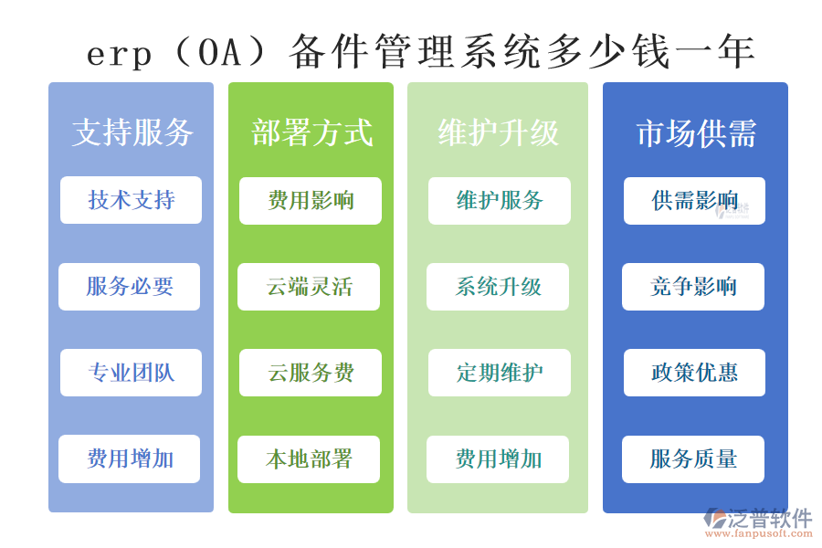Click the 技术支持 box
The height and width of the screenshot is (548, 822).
pyautogui.click(x=131, y=200)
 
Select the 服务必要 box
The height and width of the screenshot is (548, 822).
pyautogui.click(x=130, y=287)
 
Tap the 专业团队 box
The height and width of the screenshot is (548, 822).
pyautogui.click(x=131, y=373)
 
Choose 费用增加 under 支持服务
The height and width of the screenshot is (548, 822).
pyautogui.click(x=130, y=458)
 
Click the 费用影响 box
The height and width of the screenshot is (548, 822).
pyautogui.click(x=311, y=201)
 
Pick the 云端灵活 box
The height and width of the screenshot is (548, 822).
pyautogui.click(x=309, y=287)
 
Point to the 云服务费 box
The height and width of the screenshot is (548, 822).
pyautogui.click(x=311, y=373)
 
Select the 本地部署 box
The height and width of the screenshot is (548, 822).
pyautogui.click(x=309, y=458)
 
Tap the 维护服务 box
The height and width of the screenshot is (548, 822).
pyautogui.click(x=500, y=201)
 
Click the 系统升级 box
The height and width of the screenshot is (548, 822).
pyautogui.click(x=498, y=287)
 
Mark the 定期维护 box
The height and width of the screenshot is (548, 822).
pyautogui.click(x=500, y=373)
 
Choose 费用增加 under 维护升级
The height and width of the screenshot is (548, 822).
pyautogui.click(x=498, y=458)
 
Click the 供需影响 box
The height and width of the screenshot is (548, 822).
pyautogui.click(x=694, y=201)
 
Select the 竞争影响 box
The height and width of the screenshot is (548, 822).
pyautogui.click(x=693, y=287)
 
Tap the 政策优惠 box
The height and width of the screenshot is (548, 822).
pyautogui.click(x=694, y=373)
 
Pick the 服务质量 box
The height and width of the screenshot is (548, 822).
pyautogui.click(x=693, y=458)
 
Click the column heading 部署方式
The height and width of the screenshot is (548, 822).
pyautogui.click(x=311, y=133)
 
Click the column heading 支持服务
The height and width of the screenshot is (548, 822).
pyautogui.click(x=132, y=133)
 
